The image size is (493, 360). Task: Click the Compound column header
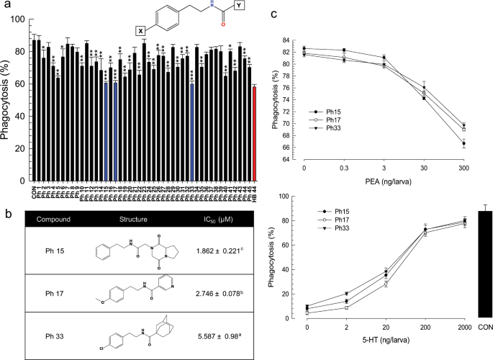(54, 219)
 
